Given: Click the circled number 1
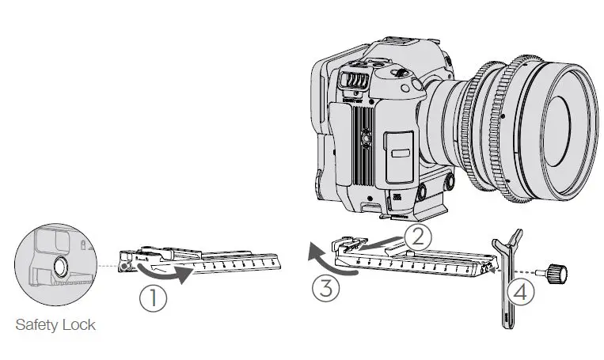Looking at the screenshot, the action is [x=153, y=297].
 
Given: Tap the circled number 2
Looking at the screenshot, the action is [x=418, y=237].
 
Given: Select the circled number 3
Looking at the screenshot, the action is [x=326, y=288].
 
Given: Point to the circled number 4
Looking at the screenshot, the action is [x=520, y=292].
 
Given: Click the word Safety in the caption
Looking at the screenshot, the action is [x=36, y=325].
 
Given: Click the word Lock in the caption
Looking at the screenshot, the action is [x=79, y=325].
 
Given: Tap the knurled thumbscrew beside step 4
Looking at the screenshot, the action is [x=553, y=273].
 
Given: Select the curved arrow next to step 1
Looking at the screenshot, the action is [x=165, y=273].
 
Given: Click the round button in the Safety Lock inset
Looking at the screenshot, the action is [x=60, y=265].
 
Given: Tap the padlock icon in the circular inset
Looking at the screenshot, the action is [x=83, y=244].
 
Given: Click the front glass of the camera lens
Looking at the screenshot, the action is [x=556, y=131].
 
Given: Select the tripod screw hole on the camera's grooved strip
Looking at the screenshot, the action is [x=365, y=136].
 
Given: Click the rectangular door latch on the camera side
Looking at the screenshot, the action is [x=401, y=153].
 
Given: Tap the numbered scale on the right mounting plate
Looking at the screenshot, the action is [x=413, y=265].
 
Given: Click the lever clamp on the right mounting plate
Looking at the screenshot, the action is [x=348, y=244].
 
